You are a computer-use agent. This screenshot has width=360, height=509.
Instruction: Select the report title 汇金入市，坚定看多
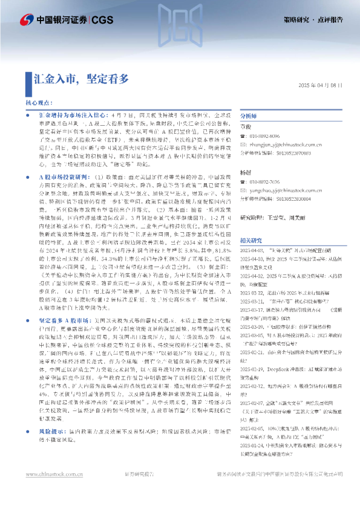(81, 78)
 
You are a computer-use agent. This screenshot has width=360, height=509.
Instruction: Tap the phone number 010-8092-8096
(270, 137)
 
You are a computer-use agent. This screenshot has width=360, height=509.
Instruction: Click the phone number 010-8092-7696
(270, 182)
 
